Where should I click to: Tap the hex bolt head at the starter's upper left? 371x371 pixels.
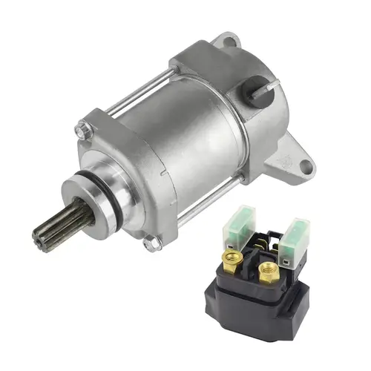pos(82,131)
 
